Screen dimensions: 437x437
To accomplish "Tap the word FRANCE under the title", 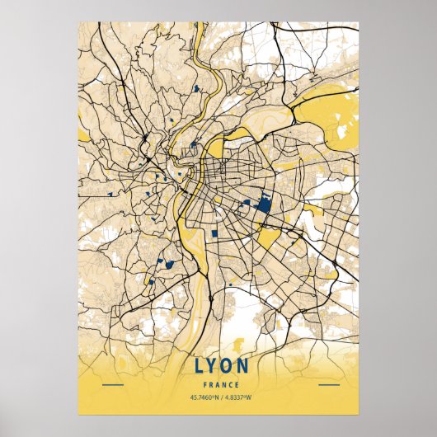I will tap(218, 385).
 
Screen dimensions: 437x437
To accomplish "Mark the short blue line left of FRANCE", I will tap(112, 385).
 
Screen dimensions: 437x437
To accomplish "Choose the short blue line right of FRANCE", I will tap(328, 385).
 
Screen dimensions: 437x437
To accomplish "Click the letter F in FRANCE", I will tap(203, 385).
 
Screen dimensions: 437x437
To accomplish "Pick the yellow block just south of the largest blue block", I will tap(268, 238).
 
